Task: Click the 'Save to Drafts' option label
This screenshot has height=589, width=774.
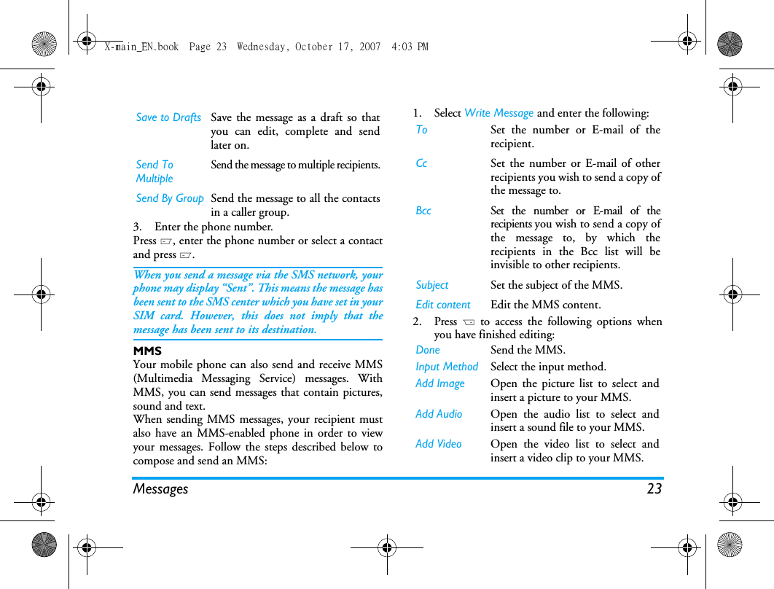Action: coord(168,117)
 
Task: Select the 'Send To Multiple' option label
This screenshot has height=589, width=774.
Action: coord(155,171)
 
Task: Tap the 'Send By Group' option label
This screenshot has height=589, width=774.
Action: coord(170,198)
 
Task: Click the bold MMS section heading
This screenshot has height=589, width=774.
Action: coord(147,351)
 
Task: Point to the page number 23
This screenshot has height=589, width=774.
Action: coord(654,488)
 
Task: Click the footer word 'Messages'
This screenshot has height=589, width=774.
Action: coord(160,489)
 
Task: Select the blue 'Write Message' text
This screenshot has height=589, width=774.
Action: coord(499,113)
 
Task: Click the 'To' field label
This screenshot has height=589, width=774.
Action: coord(421,130)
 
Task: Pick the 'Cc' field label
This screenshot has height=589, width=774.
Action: coord(421,163)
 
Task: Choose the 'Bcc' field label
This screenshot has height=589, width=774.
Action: coord(423,211)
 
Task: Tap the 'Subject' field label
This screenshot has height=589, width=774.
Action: coord(432,285)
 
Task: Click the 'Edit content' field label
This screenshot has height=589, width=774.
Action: coord(443,305)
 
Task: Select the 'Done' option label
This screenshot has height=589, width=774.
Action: coord(428,350)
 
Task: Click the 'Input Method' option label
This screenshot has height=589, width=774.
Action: coord(447,367)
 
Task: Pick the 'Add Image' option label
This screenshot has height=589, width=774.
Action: coord(439,383)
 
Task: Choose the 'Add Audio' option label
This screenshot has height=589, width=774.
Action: coord(439,414)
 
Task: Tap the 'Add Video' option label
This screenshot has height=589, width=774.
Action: coord(438,444)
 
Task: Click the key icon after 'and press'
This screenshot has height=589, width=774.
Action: coord(186,255)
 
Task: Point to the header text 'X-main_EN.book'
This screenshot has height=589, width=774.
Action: coord(141,47)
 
